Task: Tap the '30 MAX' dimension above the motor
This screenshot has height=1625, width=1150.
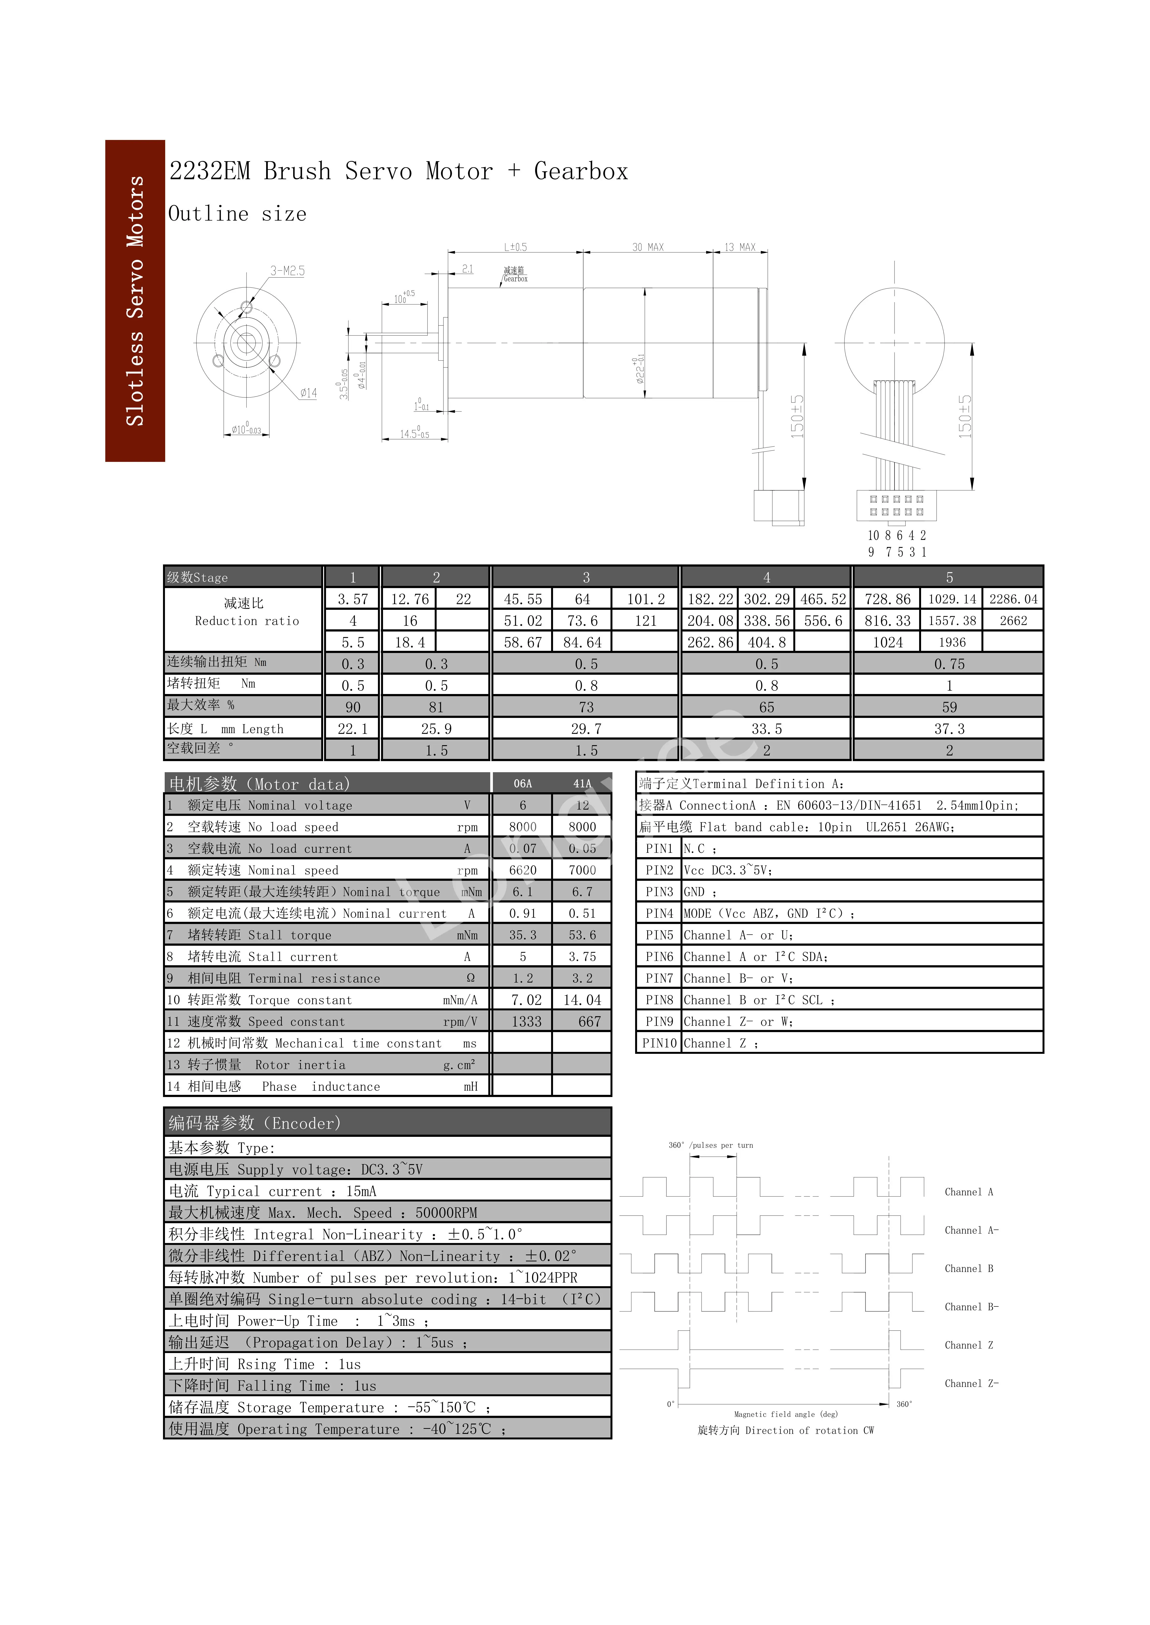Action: click(x=648, y=247)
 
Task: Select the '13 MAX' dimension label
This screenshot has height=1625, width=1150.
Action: click(x=740, y=247)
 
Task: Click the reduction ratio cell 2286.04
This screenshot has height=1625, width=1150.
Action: click(x=1013, y=599)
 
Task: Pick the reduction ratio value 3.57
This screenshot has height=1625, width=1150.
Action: click(x=353, y=599)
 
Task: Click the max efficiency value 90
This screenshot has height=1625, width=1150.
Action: click(x=353, y=707)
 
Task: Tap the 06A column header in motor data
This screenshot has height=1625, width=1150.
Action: click(x=523, y=784)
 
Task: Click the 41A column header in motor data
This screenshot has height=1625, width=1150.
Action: click(x=582, y=784)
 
